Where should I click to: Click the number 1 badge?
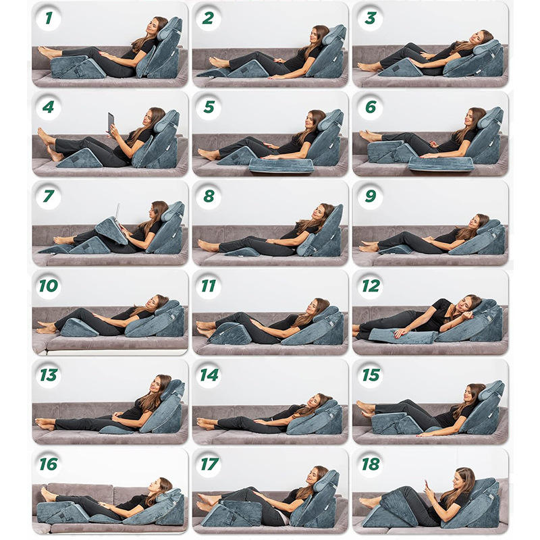(49, 18)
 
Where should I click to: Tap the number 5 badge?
(209, 107)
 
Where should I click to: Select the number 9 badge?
(370, 196)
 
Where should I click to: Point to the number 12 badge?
(371, 286)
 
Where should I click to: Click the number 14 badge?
(209, 375)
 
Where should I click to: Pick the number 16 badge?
(49, 464)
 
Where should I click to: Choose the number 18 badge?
(370, 464)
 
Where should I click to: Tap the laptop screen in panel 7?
(117, 212)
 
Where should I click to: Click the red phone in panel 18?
(427, 484)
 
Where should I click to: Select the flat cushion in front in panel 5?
(281, 165)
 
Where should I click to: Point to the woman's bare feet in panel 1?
(48, 53)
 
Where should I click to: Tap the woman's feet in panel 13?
(45, 424)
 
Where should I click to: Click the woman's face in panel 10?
(151, 302)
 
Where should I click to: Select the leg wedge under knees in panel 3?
(400, 68)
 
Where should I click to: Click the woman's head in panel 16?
(161, 486)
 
